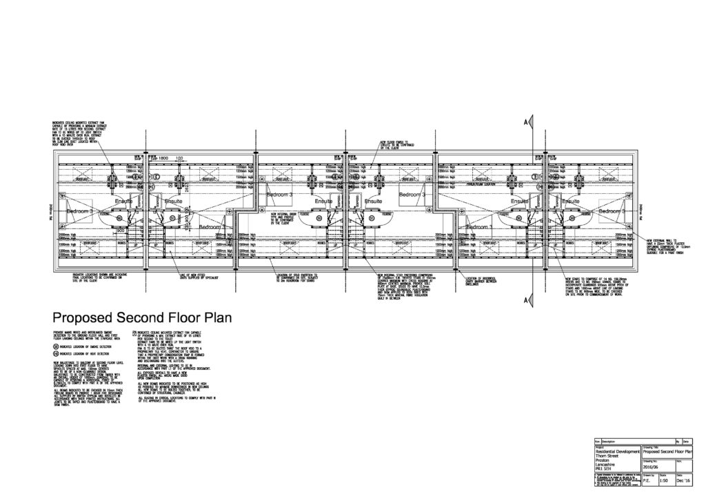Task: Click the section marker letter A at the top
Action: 525,122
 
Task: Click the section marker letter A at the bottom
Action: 525,299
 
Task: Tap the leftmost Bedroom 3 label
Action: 80,211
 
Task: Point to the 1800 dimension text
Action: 163,158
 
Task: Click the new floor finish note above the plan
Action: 393,144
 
